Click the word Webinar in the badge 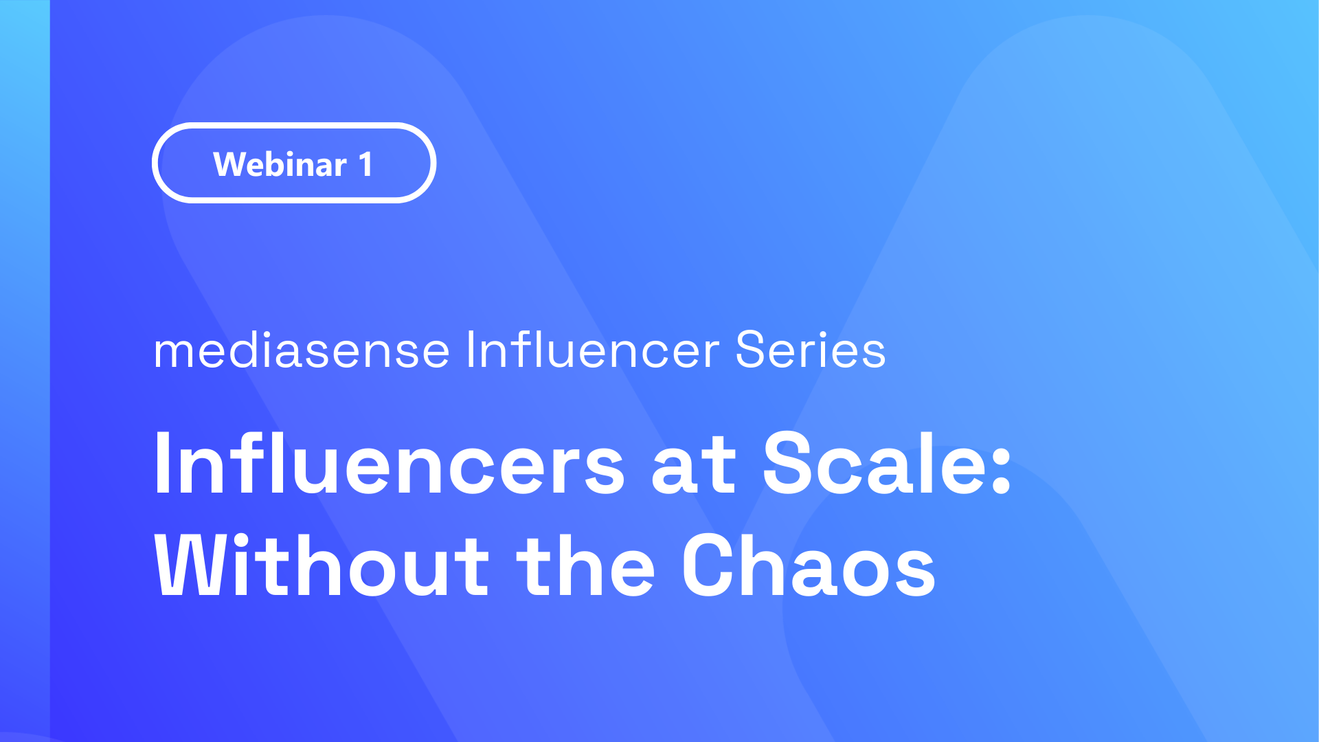(x=280, y=164)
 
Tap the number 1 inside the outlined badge (x=365, y=165)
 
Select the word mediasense (x=302, y=350)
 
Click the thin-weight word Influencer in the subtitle (x=593, y=350)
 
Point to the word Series (x=811, y=350)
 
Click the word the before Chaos (x=586, y=565)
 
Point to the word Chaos (x=809, y=565)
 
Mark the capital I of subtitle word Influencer (x=471, y=350)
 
